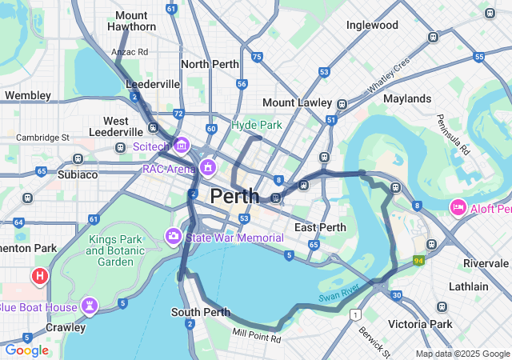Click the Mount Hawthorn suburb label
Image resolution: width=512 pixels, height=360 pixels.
pyautogui.click(x=131, y=21)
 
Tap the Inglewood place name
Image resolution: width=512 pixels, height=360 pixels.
pyautogui.click(x=372, y=25)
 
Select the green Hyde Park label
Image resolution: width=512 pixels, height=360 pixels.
pyautogui.click(x=257, y=125)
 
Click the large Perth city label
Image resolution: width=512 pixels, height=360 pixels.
pyautogui.click(x=234, y=195)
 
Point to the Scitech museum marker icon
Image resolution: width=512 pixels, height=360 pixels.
pyautogui.click(x=182, y=146)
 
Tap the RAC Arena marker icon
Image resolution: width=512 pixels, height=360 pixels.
pyautogui.click(x=209, y=168)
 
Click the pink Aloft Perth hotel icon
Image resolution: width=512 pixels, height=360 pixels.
pyautogui.click(x=458, y=208)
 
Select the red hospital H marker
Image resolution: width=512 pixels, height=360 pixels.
pyautogui.click(x=39, y=277)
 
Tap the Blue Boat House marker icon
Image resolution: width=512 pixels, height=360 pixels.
pyautogui.click(x=90, y=306)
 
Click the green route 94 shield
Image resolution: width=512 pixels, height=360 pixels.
pyautogui.click(x=418, y=261)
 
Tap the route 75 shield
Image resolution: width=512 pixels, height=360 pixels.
pyautogui.click(x=256, y=57)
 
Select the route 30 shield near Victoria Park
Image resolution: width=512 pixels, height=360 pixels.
pyautogui.click(x=397, y=296)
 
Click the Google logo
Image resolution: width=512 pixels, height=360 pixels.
pyautogui.click(x=27, y=350)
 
